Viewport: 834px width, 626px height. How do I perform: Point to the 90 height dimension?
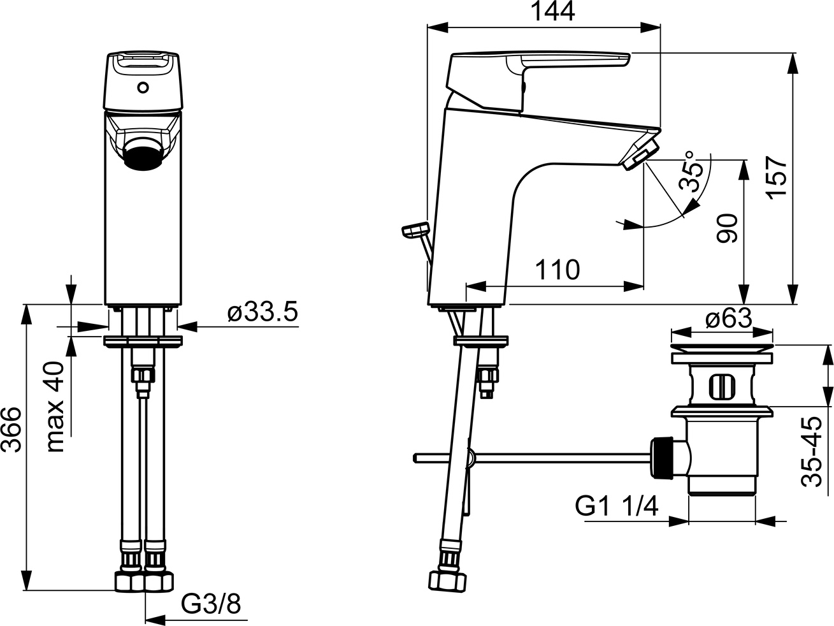728,229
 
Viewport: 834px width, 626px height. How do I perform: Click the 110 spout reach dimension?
557,270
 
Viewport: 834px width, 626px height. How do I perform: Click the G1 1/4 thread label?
616,507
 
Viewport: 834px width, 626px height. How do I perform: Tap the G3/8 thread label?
212,604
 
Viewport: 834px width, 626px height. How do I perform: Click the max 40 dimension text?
56,407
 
